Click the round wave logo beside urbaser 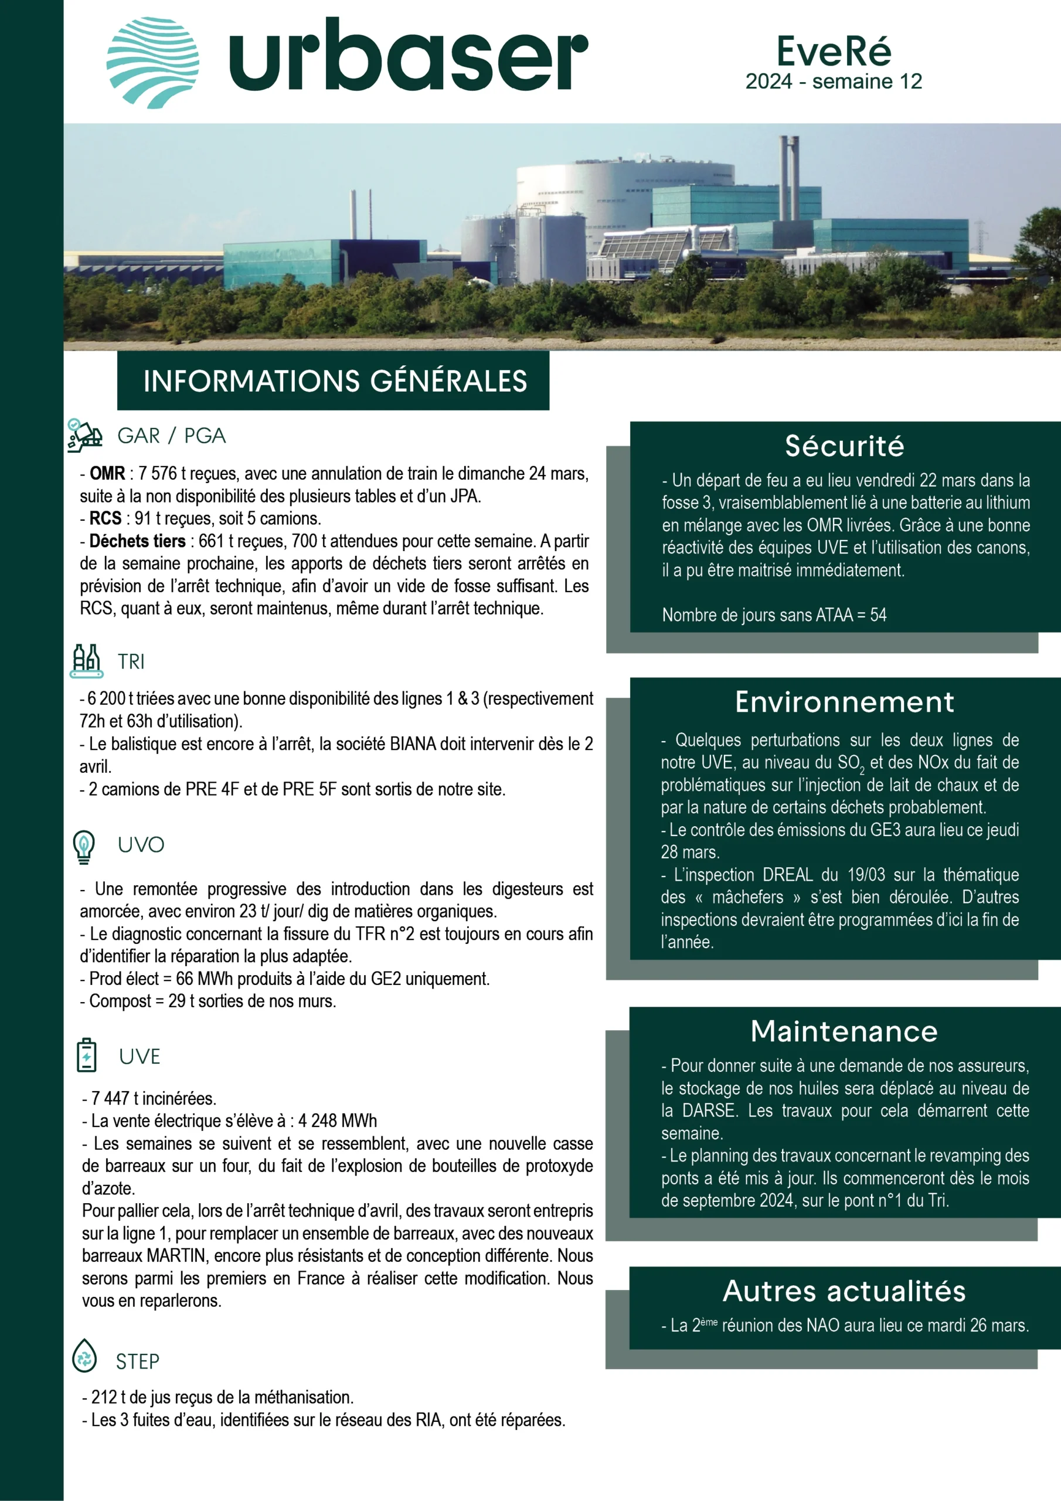click(x=152, y=63)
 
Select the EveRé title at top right click(x=834, y=51)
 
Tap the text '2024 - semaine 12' click(x=834, y=81)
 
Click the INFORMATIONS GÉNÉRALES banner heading click(x=335, y=381)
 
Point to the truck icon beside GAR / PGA click(x=84, y=436)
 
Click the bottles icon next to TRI click(x=86, y=661)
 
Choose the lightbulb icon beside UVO click(x=84, y=846)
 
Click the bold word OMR click(x=107, y=473)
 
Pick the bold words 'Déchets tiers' click(x=137, y=541)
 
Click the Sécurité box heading click(x=845, y=446)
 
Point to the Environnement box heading click(x=845, y=702)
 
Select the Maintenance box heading click(x=844, y=1031)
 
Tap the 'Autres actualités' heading click(x=844, y=1291)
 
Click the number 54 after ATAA click(x=878, y=615)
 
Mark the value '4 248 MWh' click(x=337, y=1121)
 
